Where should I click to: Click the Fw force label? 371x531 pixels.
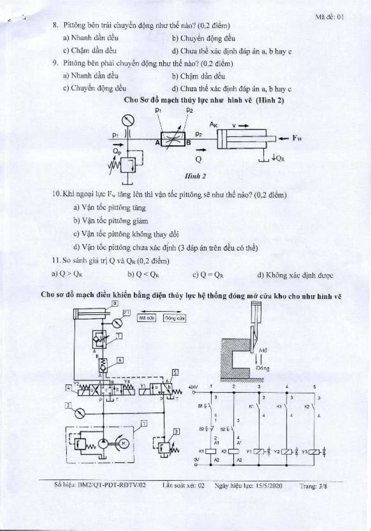tap(297, 138)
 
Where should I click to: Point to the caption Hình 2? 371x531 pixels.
tap(195, 176)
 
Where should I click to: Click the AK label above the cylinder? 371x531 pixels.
tap(213, 125)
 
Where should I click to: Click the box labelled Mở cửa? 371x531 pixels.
tap(146, 318)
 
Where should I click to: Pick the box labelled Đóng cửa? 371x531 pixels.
tap(174, 318)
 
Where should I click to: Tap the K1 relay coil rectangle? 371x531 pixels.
tap(211, 451)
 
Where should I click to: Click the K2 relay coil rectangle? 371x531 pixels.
tap(234, 451)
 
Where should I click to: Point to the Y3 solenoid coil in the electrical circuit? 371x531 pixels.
tap(315, 451)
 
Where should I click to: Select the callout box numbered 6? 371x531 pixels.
tap(120, 360)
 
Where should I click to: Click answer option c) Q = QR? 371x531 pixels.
tap(208, 275)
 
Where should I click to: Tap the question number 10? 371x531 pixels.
tap(56, 194)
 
